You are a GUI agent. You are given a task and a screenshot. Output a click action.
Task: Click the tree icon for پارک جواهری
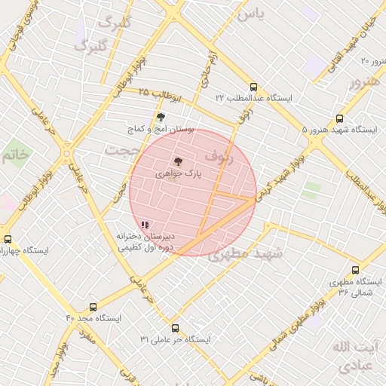tap(178, 161)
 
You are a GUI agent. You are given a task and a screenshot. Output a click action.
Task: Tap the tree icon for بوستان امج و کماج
tap(160, 116)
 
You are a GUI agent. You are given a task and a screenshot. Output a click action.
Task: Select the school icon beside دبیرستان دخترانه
tap(145, 225)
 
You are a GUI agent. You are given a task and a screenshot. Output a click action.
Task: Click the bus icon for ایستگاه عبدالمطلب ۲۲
tap(253, 86)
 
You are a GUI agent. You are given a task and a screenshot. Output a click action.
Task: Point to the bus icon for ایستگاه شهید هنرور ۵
tap(339, 118)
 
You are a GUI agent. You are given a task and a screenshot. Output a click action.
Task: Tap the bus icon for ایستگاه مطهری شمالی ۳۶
tap(355, 269)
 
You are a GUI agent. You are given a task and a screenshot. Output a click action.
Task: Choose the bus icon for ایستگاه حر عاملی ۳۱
tap(176, 328)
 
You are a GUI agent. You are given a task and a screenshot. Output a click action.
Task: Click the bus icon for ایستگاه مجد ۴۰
tap(93, 307)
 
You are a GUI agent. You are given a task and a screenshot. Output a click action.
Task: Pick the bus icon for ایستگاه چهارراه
tap(7, 239)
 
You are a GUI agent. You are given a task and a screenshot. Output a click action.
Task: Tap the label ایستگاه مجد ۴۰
tap(93, 319)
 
